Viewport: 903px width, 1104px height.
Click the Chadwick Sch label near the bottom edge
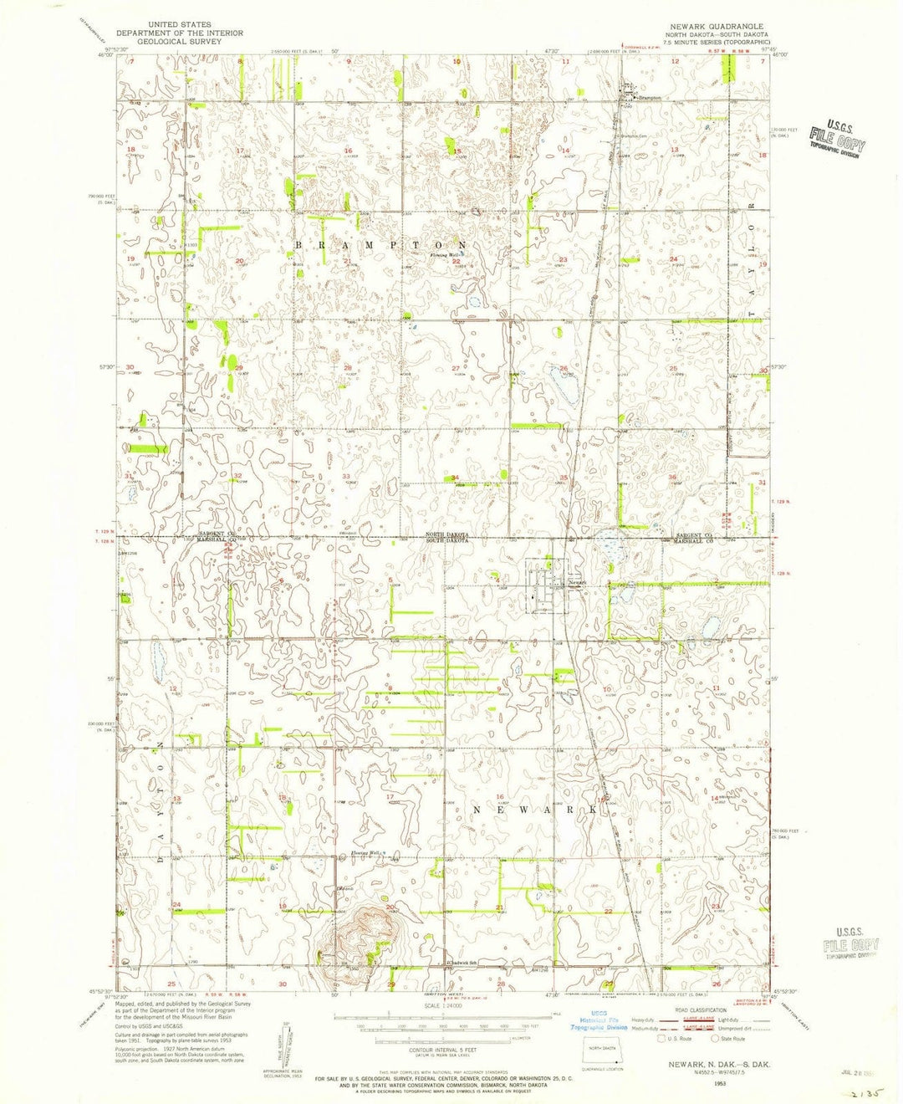click(x=462, y=962)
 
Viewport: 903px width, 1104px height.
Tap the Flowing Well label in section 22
click(x=444, y=255)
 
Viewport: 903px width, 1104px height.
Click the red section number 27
click(x=455, y=368)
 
